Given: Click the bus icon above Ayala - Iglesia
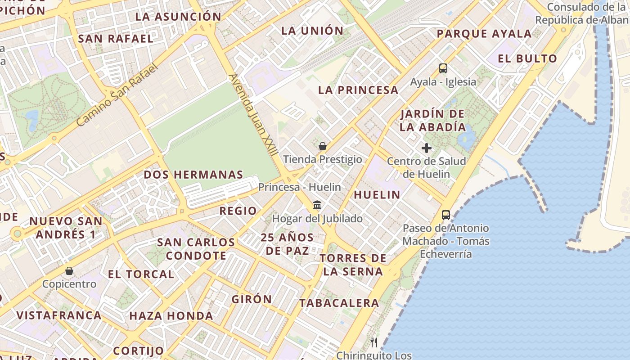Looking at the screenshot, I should pyautogui.click(x=443, y=68).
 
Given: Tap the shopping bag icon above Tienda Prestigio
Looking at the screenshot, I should pyautogui.click(x=322, y=146).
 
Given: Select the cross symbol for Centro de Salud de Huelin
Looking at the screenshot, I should pyautogui.click(x=426, y=148).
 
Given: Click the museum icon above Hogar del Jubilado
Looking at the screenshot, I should pyautogui.click(x=317, y=205).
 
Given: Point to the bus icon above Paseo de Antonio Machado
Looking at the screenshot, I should pyautogui.click(x=446, y=215).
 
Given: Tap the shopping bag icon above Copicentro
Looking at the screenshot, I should pyautogui.click(x=69, y=271).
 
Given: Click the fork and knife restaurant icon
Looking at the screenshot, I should pyautogui.click(x=374, y=342).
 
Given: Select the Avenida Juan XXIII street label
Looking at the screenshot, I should pyautogui.click(x=253, y=115).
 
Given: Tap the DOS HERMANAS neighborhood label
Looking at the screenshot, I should pyautogui.click(x=193, y=175).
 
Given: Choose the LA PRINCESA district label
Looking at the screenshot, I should pyautogui.click(x=358, y=90).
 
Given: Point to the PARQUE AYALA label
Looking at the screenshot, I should pyautogui.click(x=484, y=34).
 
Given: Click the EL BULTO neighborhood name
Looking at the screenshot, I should pyautogui.click(x=527, y=58).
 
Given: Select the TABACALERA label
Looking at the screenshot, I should pyautogui.click(x=339, y=303).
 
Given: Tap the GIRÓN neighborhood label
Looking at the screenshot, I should pyautogui.click(x=252, y=299).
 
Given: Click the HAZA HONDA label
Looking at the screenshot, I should pyautogui.click(x=171, y=316).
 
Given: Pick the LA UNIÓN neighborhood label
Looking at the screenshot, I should pyautogui.click(x=312, y=31).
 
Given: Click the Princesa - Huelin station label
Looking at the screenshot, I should pyautogui.click(x=300, y=187).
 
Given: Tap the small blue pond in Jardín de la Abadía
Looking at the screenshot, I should pyautogui.click(x=467, y=135).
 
